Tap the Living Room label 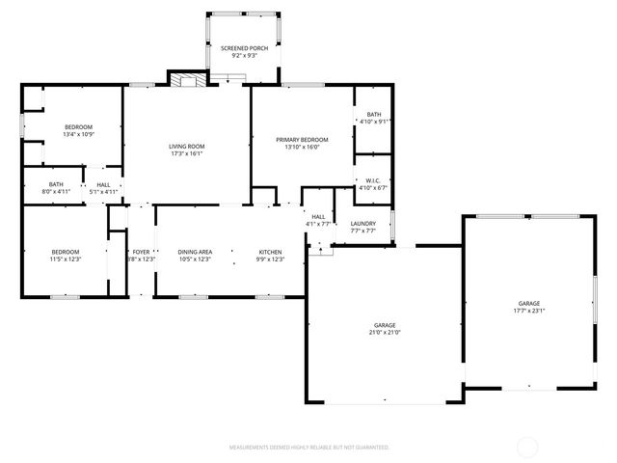click(x=187, y=146)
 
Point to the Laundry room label click(x=362, y=224)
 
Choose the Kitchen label click(x=270, y=252)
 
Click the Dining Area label click(x=195, y=252)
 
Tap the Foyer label click(x=141, y=252)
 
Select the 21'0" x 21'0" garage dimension click(x=384, y=333)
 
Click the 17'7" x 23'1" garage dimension click(x=528, y=311)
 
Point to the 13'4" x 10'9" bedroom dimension click(x=78, y=134)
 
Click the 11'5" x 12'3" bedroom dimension click(x=65, y=259)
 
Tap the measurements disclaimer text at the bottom click(x=308, y=448)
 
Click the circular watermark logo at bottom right click(x=528, y=447)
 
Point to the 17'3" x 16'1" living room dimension click(x=187, y=152)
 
